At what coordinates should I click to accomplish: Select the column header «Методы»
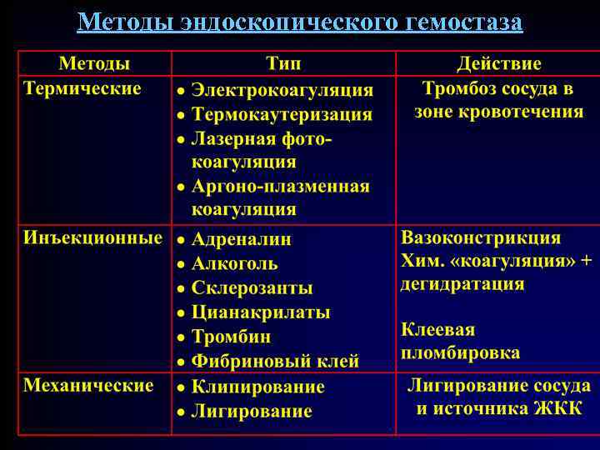(x=93, y=64)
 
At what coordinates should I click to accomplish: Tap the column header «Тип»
(x=283, y=64)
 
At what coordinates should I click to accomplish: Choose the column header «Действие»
(x=498, y=64)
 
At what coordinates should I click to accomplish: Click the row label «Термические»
(x=82, y=87)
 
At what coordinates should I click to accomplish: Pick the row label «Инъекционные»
(x=92, y=237)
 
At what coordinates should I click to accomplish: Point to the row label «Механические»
(x=88, y=385)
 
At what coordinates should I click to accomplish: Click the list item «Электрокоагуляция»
(x=282, y=90)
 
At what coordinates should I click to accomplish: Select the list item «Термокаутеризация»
(x=282, y=114)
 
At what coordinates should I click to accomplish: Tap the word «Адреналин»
(x=242, y=239)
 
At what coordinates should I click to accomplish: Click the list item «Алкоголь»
(x=234, y=263)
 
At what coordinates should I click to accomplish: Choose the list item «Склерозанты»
(x=252, y=288)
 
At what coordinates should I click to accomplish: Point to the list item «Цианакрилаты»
(x=261, y=312)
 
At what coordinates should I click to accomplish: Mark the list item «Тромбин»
(x=231, y=337)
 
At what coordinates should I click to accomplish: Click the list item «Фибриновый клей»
(x=275, y=362)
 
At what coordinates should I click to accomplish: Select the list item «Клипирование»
(x=257, y=387)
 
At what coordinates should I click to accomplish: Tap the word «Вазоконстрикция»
(x=481, y=237)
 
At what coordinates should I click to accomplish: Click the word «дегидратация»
(x=462, y=283)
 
